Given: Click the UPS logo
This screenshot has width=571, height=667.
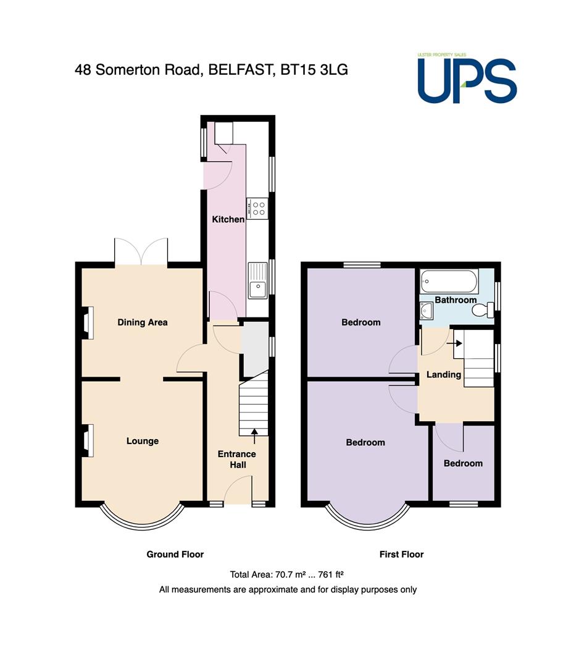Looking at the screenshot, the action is pos(467,78).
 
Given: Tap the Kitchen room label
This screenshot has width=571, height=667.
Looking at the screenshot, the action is pos(228,219).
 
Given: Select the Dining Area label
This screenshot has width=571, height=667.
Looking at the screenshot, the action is pos(143,322).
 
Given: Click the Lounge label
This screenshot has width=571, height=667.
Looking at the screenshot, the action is pos(143,441).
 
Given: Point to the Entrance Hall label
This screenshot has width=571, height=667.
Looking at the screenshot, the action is pos(237,459).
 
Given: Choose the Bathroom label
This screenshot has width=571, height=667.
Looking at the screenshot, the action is pos(456,300).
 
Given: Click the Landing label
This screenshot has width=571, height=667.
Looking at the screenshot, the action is pos(444,374).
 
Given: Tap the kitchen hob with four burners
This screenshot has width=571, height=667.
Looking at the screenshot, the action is pos(257,209).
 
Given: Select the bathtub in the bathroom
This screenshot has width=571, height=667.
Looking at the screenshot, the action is pos(449,281).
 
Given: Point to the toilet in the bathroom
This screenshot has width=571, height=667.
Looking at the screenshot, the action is pos(483,309).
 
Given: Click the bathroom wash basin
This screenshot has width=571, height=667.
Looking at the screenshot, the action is pos(426,311).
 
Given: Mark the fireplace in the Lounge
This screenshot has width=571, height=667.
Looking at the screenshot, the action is pos(88,441).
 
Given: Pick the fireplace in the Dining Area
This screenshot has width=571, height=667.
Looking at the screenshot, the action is pos(88,323).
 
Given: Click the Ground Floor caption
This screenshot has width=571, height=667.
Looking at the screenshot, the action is pos(175,554).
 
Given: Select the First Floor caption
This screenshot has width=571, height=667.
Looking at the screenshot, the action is pos(401,554).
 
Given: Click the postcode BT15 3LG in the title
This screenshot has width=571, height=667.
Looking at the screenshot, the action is pos(314,69).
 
